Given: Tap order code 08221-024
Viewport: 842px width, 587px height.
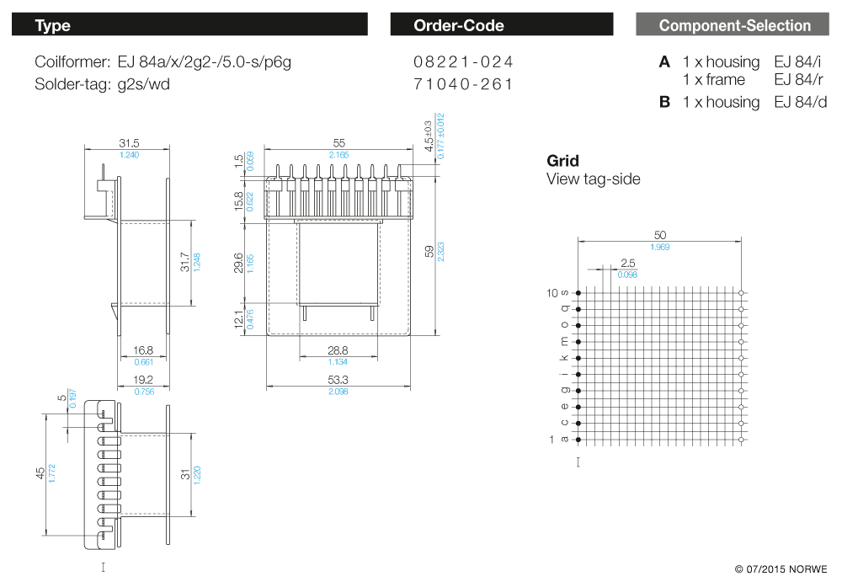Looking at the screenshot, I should (463, 62).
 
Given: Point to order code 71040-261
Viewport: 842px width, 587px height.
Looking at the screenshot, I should (463, 84).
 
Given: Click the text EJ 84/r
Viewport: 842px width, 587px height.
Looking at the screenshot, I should (800, 80).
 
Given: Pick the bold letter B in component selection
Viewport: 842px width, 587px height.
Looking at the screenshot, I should (664, 102).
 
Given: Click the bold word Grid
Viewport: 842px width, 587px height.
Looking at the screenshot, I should (562, 161).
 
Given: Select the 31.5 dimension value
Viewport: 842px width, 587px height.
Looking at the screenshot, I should (129, 143).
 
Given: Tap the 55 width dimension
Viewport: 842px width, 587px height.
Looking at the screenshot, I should (339, 143).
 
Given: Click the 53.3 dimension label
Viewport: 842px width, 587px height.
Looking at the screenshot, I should (338, 381).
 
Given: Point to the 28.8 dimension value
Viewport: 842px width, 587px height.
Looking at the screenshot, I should (338, 350).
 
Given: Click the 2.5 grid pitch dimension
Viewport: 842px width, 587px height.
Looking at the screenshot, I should (627, 263).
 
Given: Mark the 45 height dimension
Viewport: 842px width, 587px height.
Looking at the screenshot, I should (40, 474).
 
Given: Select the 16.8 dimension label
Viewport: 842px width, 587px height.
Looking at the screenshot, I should (142, 350).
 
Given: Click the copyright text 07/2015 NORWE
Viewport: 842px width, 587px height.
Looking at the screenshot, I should (781, 569).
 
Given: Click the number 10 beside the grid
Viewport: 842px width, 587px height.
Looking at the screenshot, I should (552, 293).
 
